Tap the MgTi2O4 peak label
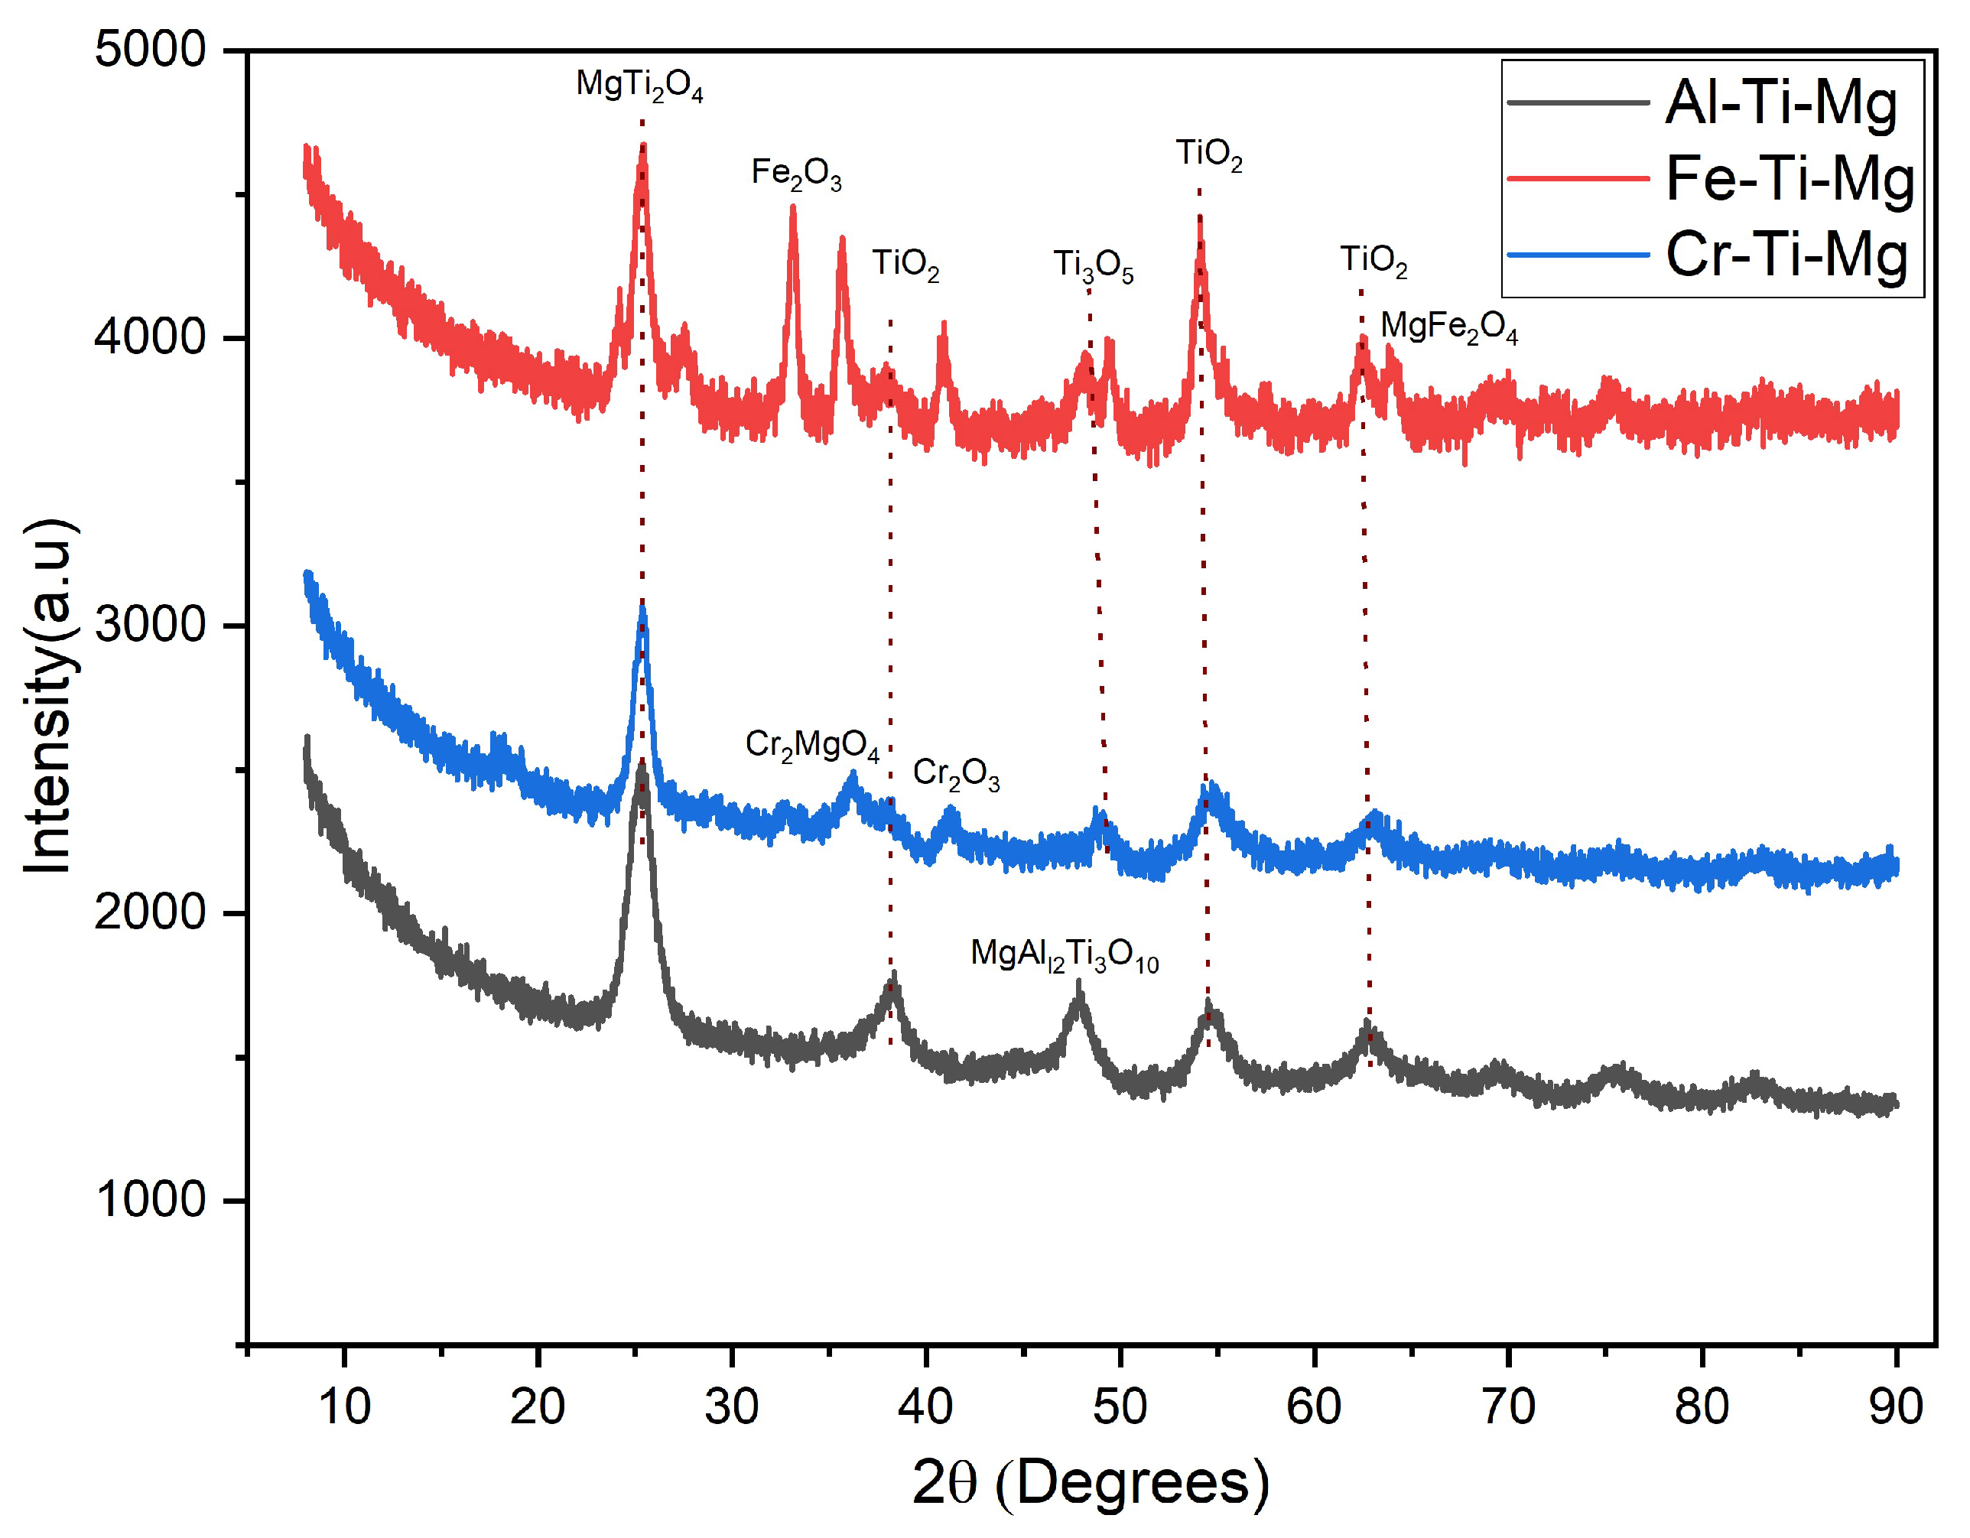pyautogui.click(x=639, y=85)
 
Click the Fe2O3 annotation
pyautogui.click(x=795, y=172)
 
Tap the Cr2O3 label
pyautogui.click(x=955, y=774)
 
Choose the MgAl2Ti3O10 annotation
pyautogui.click(x=1064, y=954)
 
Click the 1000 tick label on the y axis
pyautogui.click(x=151, y=1200)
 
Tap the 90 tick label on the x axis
pyautogui.click(x=1895, y=1406)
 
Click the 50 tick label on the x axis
pyautogui.click(x=1120, y=1406)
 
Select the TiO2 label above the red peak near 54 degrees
pyautogui.click(x=1209, y=154)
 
